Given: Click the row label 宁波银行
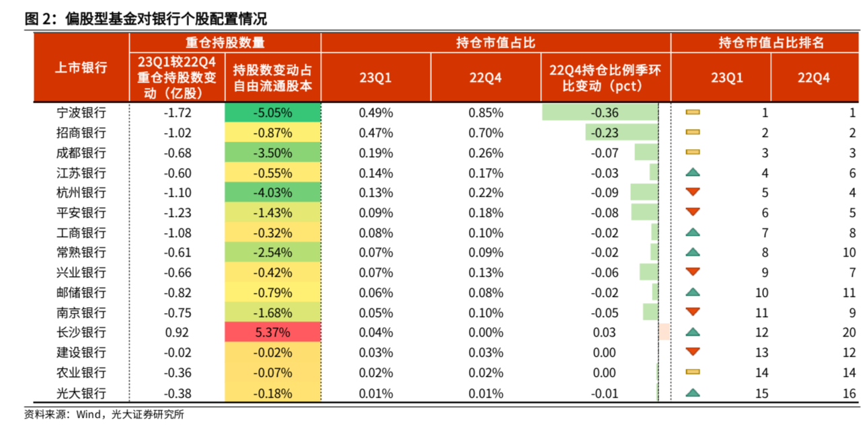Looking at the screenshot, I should click(x=81, y=113).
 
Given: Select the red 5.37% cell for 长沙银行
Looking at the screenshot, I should click(x=272, y=333).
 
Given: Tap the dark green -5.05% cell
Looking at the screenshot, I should click(x=272, y=113).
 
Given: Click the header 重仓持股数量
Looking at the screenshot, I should click(x=225, y=43).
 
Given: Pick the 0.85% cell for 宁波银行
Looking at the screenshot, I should click(x=486, y=113).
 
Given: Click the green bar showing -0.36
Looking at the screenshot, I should click(x=599, y=113).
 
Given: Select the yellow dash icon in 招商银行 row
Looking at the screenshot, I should click(x=692, y=132).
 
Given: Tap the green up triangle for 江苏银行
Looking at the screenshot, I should click(x=692, y=173).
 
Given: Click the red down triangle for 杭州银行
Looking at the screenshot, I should click(x=692, y=193).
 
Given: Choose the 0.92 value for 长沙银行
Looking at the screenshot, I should click(x=177, y=333).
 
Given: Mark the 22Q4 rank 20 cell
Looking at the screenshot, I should click(x=849, y=333).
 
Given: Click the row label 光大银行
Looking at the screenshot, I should click(x=81, y=393).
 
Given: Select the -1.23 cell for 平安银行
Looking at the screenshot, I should click(x=177, y=213).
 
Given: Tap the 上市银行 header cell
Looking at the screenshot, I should click(x=81, y=68).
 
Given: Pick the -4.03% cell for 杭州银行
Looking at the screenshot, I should click(x=272, y=193).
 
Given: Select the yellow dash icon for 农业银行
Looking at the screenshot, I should click(x=692, y=372).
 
